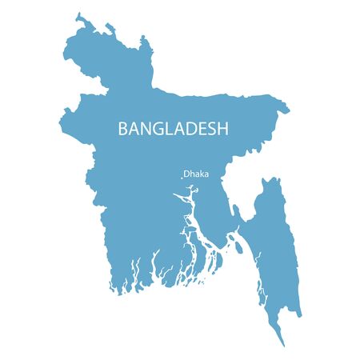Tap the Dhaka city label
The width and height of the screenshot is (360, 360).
197,173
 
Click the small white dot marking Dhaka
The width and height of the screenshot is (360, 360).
182,177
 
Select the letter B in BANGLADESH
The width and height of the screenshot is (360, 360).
123,128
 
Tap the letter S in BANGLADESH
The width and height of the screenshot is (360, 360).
211,128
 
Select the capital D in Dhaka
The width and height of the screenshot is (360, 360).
187,173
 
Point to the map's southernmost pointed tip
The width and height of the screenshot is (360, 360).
282,345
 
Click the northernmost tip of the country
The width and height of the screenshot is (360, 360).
78,14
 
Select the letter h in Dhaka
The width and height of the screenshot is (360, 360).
193,173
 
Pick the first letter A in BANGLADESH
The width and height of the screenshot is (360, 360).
134,128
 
